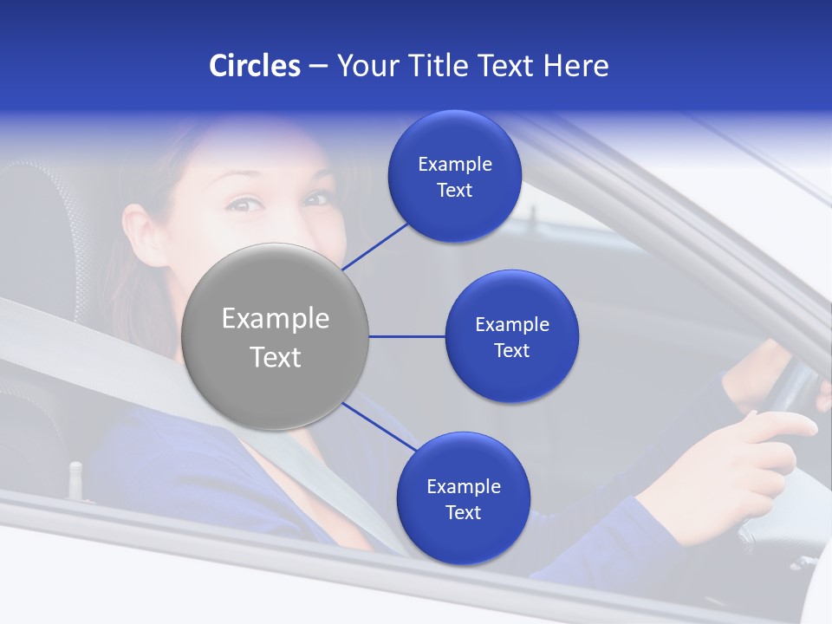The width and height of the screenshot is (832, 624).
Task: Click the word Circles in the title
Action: coord(254,66)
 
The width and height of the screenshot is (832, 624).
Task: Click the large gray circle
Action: coord(275,336)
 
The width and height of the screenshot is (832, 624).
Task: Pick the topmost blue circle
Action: coord(454,176)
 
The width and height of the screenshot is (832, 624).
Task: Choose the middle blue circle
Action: coord(511,336)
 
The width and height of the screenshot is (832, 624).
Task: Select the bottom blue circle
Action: coord(463,498)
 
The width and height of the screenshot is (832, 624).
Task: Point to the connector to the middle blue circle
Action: coord(406,336)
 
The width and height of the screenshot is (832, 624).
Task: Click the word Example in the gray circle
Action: coord(275,319)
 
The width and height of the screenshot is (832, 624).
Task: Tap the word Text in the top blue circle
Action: coord(454,191)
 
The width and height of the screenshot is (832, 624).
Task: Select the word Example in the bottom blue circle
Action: coord(463,486)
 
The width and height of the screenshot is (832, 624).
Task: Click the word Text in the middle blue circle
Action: coord(511,351)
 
